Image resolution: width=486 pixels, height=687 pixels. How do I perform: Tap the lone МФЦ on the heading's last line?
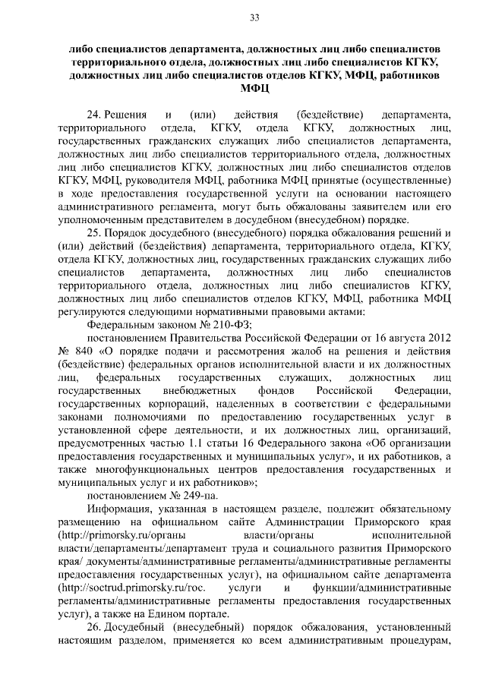pyautogui.click(x=254, y=89)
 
